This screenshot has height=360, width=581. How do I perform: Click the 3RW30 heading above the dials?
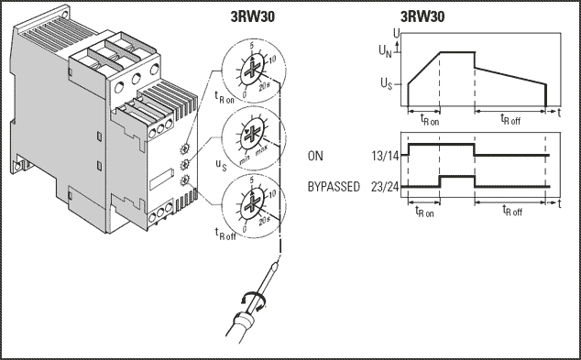[253, 17]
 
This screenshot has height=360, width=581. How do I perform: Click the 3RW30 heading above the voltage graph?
[422, 17]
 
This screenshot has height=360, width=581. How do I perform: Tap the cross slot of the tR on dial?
[252, 70]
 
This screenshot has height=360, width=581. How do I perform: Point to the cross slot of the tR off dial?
[253, 202]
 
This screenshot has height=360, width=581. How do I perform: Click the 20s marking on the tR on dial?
[264, 87]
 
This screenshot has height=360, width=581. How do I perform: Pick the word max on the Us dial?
[261, 151]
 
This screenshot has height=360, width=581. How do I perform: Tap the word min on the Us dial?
[245, 160]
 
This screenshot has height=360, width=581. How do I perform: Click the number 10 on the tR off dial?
[272, 193]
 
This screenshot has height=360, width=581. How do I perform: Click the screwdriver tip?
[275, 265]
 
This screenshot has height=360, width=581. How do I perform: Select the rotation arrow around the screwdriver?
[252, 300]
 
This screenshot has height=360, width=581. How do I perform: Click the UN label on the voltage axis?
[385, 51]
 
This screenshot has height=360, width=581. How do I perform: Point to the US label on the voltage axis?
[386, 84]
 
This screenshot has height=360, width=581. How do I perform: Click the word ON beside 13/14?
[315, 156]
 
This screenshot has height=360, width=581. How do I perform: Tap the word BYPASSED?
[334, 187]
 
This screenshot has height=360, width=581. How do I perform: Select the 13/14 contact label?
[386, 157]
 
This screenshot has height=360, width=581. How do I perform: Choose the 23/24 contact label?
[386, 187]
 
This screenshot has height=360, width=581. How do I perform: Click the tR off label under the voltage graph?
[510, 120]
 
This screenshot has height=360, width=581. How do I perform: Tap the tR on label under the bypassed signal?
[424, 212]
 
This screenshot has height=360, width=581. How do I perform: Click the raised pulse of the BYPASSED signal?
[457, 176]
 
